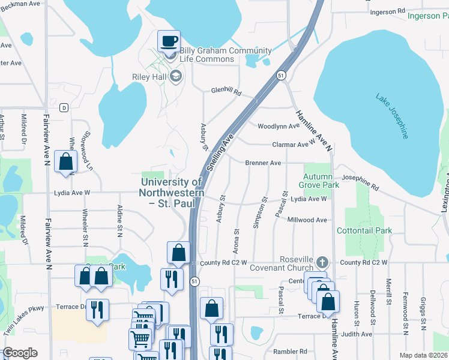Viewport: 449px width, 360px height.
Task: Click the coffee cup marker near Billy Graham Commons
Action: click(x=169, y=41)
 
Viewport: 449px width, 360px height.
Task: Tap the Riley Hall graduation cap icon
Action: click(x=176, y=76)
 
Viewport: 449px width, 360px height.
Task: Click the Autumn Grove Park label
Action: click(x=321, y=181)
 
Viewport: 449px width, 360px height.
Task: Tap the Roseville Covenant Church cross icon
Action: click(x=322, y=262)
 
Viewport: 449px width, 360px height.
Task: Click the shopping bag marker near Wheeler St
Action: click(x=65, y=161)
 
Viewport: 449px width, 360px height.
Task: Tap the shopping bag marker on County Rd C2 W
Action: click(x=178, y=253)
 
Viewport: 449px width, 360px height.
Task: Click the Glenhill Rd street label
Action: click(x=226, y=92)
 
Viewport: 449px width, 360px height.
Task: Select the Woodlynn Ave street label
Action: click(x=279, y=127)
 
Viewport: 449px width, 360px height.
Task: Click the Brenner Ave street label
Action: click(x=263, y=163)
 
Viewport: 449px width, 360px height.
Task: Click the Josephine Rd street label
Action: click(x=361, y=182)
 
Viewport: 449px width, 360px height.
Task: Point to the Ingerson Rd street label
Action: click(x=392, y=12)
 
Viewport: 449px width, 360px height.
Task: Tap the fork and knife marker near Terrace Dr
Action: click(x=97, y=310)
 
